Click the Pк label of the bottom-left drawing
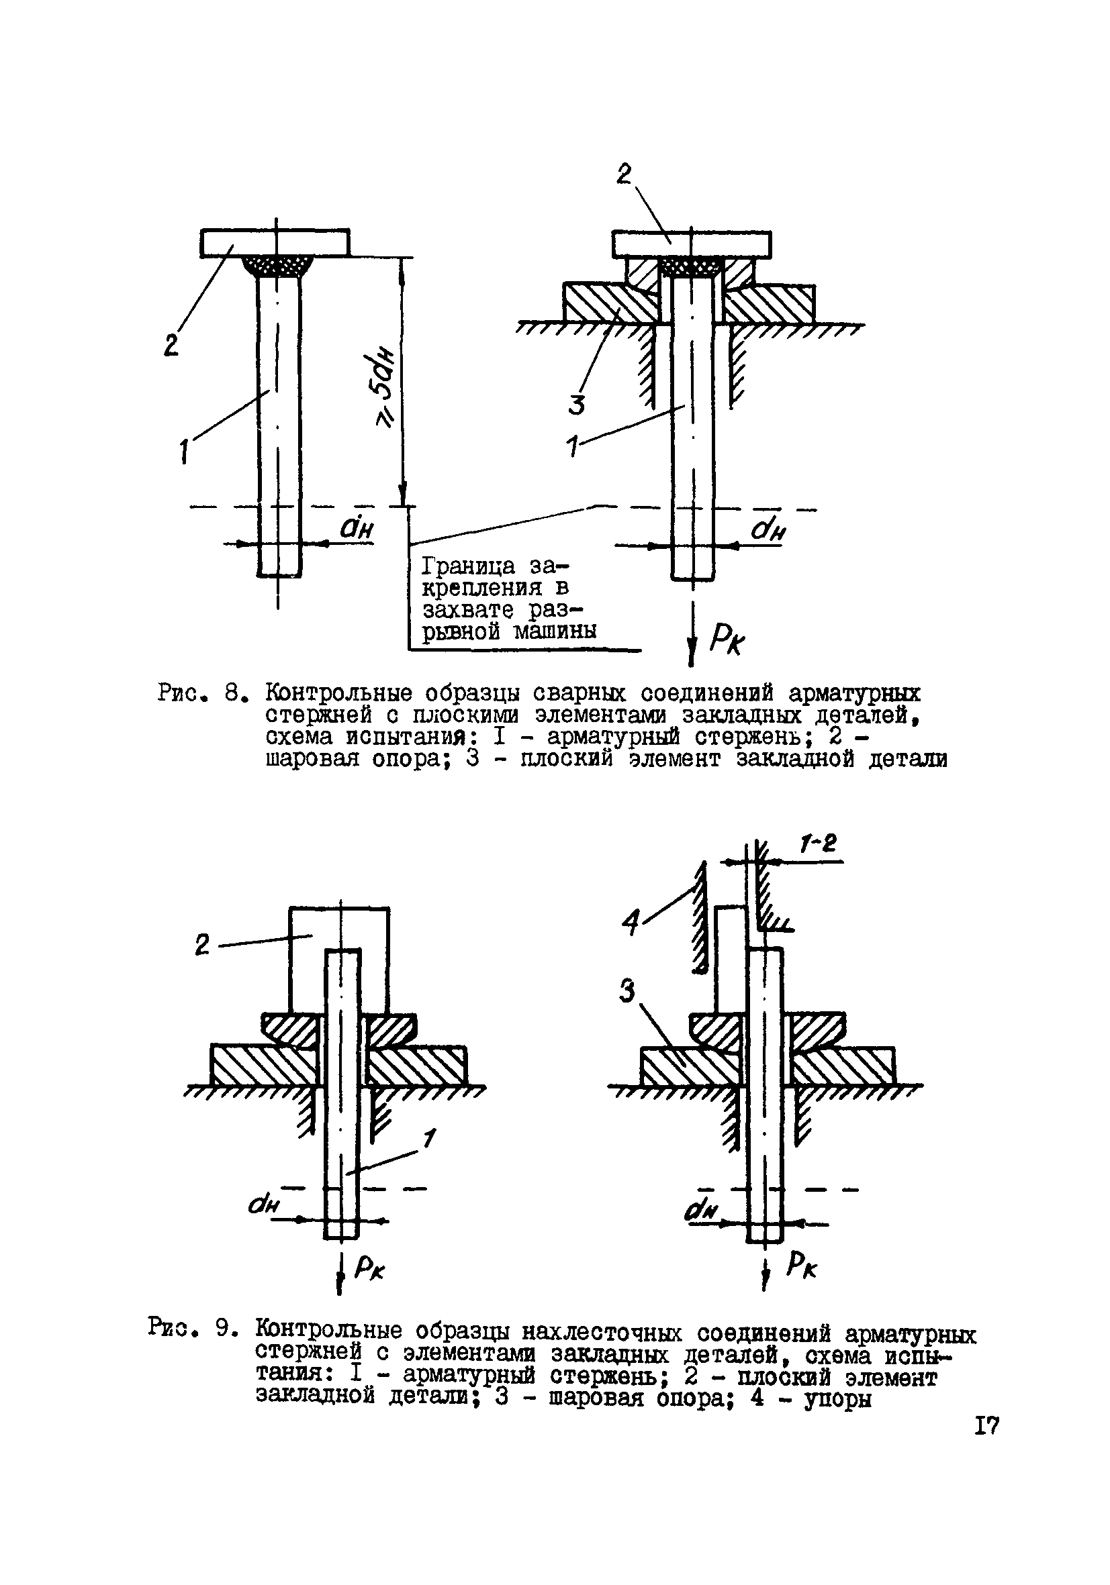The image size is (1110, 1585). [369, 1266]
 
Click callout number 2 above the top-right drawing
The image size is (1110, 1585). [625, 174]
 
